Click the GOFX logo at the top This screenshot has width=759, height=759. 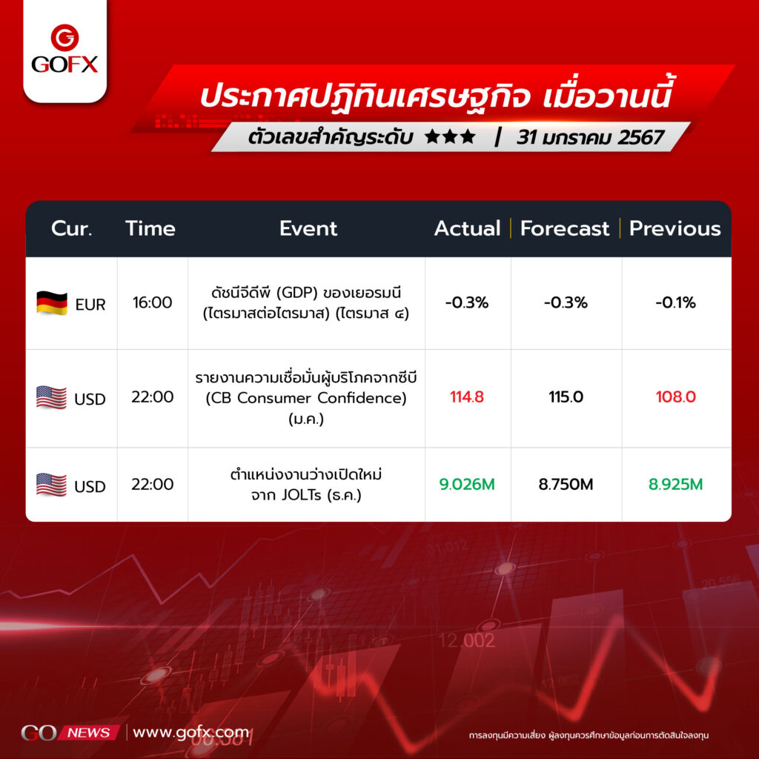coord(65,49)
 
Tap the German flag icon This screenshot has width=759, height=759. coord(52,303)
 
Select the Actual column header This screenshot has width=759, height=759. coord(467,228)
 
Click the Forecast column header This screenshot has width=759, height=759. coord(564,228)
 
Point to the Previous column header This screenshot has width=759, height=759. coord(675,228)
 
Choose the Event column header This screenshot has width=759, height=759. coord(308,228)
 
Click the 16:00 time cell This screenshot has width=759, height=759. coord(153,302)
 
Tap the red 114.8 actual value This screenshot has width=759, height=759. coord(467,397)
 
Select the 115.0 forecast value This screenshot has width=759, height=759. coord(566,397)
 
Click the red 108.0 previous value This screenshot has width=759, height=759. coord(676,397)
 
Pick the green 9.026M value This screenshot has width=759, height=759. coord(467,484)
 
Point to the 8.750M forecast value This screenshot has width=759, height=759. coord(566,484)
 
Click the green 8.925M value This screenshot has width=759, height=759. coord(676,484)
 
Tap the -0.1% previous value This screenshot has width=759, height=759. coord(676,302)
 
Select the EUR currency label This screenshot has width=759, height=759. coord(90,305)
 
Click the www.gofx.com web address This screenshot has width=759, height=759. coord(190,732)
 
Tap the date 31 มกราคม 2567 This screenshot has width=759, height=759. coord(589,137)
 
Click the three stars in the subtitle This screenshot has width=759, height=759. coord(450,137)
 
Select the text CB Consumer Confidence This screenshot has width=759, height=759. coord(306,398)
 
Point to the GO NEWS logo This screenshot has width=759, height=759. coord(70,732)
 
